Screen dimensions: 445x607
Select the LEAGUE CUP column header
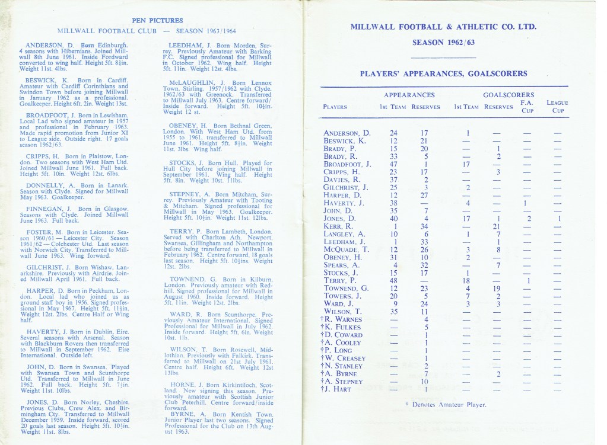click(557, 107)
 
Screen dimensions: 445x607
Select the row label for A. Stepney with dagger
click(344, 381)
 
